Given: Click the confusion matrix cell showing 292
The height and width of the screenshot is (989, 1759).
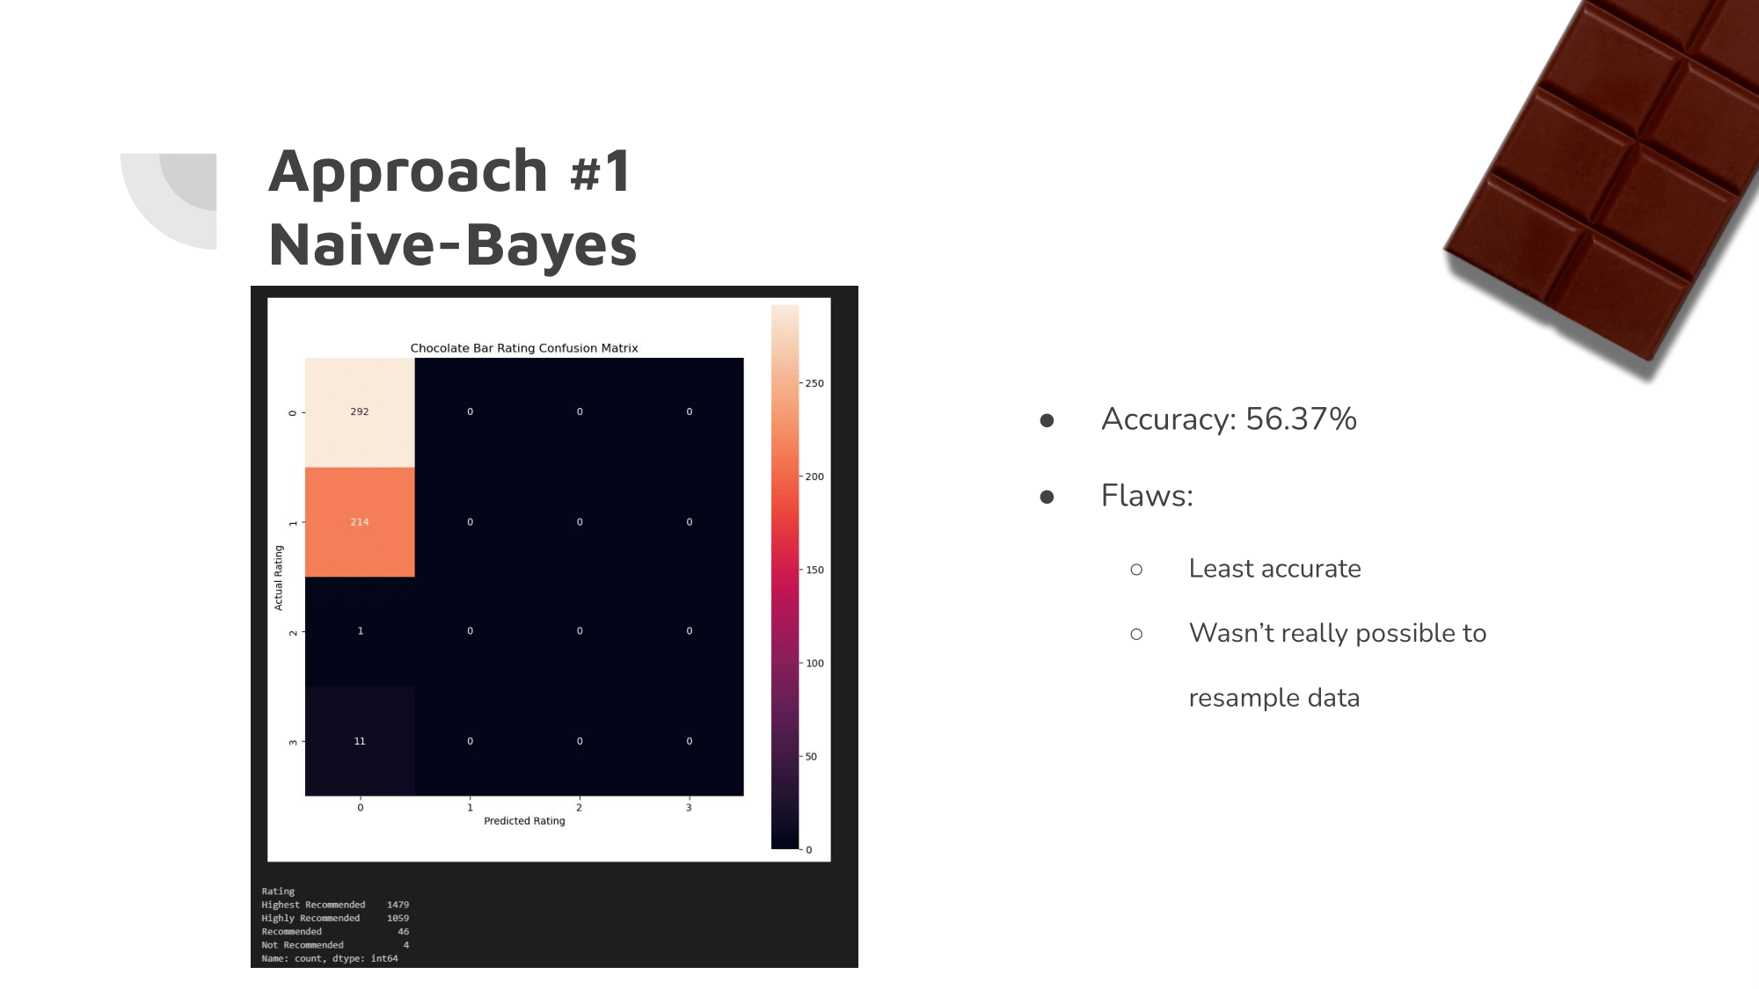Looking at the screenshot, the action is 360,412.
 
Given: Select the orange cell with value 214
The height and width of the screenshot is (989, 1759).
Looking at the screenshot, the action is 360,522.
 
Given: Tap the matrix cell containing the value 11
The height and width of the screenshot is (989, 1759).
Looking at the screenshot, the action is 360,741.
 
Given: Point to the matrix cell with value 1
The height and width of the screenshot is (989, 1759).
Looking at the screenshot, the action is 360,631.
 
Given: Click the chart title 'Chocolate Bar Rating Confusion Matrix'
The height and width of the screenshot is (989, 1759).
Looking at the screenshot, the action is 524,348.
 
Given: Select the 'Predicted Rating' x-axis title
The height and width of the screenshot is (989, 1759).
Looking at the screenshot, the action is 524,821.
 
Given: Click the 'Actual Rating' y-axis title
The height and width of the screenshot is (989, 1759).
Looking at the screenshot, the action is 279,578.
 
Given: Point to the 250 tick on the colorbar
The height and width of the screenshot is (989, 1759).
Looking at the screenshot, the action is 814,383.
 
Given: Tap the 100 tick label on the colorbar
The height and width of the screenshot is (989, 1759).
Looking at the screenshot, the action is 814,664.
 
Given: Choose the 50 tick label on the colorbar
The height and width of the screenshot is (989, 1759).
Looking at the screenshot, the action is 811,757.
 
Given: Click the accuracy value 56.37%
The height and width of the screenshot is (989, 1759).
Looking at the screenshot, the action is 1301,419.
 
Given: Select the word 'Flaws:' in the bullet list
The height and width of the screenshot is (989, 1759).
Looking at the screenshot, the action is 1147,496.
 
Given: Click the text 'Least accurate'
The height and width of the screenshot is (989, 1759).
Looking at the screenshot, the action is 1274,569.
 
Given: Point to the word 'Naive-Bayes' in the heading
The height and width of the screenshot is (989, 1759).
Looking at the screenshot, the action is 453,244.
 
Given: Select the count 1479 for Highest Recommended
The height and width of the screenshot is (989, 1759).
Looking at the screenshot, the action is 398,905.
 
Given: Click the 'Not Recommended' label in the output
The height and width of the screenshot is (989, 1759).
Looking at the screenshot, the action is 303,945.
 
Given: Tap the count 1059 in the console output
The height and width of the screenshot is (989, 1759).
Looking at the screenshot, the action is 398,919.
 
